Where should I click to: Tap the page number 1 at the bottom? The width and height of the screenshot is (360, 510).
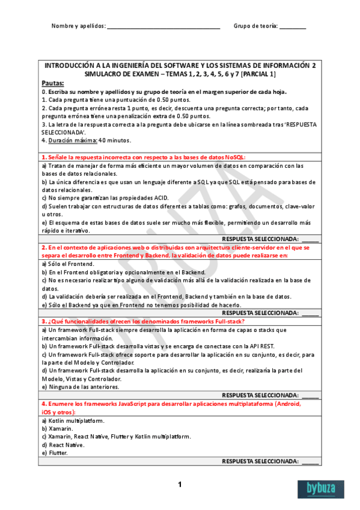pos(180,485)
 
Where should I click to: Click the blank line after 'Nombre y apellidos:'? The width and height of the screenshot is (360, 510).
pos(163,27)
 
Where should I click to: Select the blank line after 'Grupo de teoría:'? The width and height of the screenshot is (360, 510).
pos(293,27)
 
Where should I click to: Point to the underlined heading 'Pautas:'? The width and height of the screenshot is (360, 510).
pos(53,83)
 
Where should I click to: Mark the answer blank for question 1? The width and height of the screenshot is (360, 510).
pos(310,239)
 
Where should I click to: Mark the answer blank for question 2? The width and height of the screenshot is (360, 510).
pos(310,313)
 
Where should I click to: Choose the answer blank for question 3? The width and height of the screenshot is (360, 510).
pos(310,395)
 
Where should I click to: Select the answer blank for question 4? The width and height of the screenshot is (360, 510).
pos(310,461)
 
